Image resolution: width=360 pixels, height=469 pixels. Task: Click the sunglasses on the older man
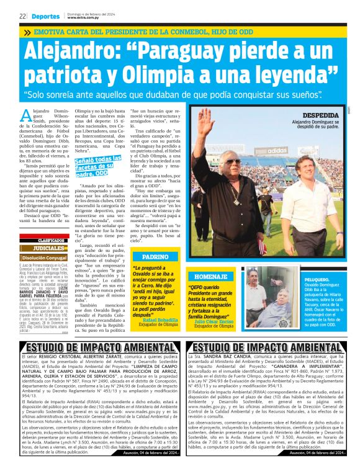233,162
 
